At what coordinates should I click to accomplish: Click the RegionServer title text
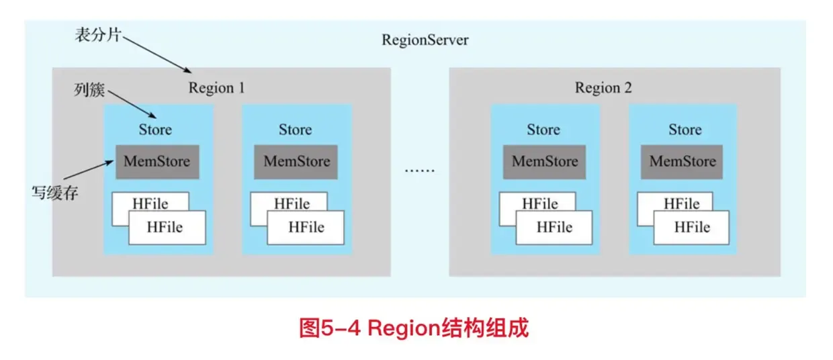[x=425, y=40]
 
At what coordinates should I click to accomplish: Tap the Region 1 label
[x=216, y=88]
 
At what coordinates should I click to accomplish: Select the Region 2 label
[x=603, y=88]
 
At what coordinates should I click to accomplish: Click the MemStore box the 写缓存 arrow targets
[x=157, y=161]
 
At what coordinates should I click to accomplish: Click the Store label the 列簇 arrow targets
[x=155, y=130]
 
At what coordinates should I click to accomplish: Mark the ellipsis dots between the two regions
[x=419, y=170]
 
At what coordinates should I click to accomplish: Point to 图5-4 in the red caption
[x=331, y=329]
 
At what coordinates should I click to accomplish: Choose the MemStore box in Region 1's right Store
[x=296, y=161]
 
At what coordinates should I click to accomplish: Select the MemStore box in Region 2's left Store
[x=544, y=161]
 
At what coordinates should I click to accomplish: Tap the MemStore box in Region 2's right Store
[x=682, y=161]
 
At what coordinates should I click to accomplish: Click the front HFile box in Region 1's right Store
[x=306, y=227]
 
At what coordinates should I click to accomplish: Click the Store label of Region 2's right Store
[x=685, y=130]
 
